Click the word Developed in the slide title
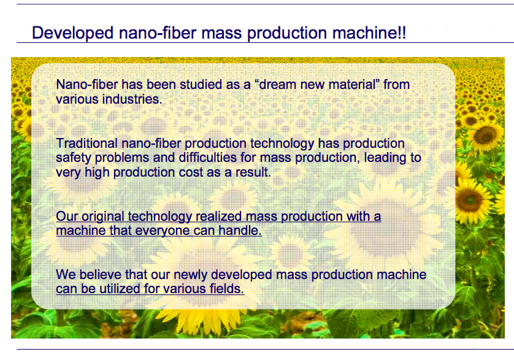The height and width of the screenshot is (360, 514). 72,34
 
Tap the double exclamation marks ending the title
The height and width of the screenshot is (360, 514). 402,33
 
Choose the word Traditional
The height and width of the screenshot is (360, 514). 86,144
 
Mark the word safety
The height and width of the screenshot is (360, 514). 74,158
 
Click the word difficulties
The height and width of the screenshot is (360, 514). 207,158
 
